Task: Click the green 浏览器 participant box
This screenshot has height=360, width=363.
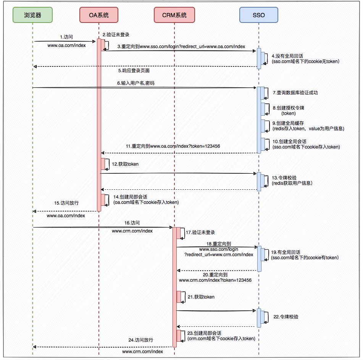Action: pos(32,15)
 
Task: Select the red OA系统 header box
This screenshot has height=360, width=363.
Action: pos(99,15)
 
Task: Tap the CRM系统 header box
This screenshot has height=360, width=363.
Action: pos(174,15)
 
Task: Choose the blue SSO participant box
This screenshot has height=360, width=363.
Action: pos(258,15)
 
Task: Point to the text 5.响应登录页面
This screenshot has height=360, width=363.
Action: pos(134,71)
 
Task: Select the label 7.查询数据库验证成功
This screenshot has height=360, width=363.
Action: pos(295,93)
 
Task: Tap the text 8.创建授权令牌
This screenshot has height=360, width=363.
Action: pos(288,108)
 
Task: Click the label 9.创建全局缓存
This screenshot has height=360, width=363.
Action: pos(288,123)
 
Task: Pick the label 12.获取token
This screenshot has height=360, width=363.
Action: pos(125,164)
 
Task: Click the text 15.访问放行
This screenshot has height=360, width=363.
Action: pos(66,203)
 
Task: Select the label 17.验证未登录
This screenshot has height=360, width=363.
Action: pos(200,232)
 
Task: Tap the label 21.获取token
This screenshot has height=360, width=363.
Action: pos(201,297)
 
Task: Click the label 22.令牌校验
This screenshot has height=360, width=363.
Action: pos(286,317)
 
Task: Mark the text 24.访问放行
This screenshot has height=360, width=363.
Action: pos(141,340)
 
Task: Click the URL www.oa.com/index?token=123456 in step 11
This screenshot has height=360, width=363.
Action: pos(185,146)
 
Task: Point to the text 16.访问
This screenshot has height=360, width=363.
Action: pos(132,223)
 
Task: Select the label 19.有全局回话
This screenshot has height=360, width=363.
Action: pos(286,252)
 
